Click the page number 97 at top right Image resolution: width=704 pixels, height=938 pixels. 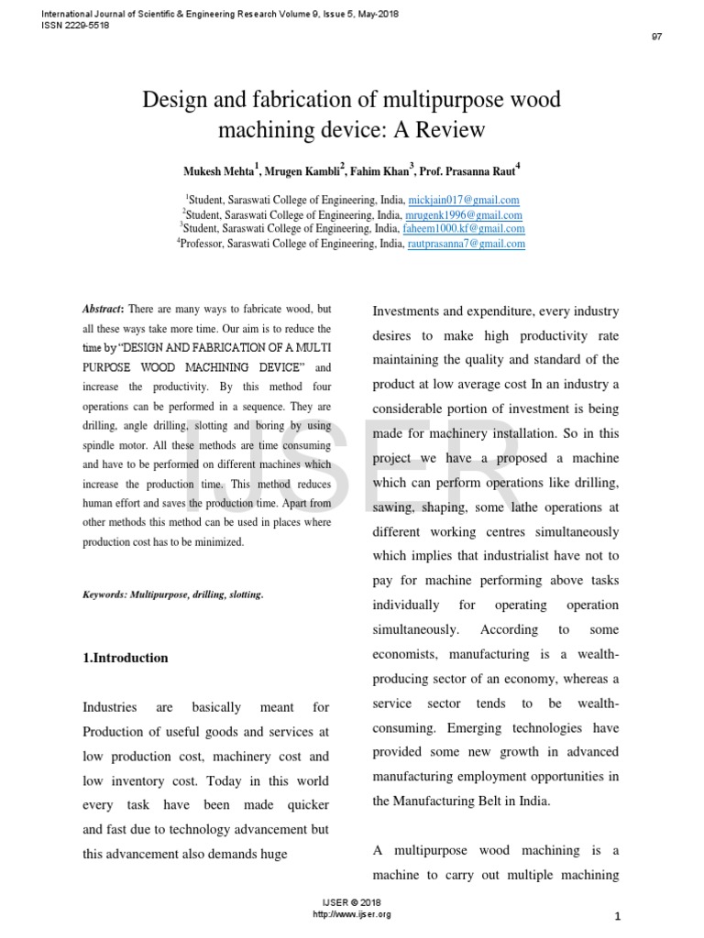pyautogui.click(x=656, y=37)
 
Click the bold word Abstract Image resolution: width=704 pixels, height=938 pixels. pyautogui.click(x=103, y=311)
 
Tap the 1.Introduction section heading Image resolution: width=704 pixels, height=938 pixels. pyautogui.click(x=126, y=658)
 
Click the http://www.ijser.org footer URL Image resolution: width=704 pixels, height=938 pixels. pyautogui.click(x=352, y=914)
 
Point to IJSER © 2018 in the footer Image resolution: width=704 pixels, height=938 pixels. pyautogui.click(x=352, y=903)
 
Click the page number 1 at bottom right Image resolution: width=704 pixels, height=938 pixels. pyautogui.click(x=618, y=917)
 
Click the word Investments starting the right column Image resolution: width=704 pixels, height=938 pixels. pyautogui.click(x=417, y=311)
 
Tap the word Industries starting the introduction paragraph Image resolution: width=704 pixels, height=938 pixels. pyautogui.click(x=110, y=707)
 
